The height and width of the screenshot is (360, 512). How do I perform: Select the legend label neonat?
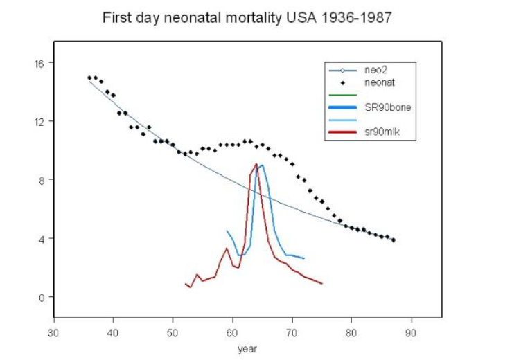pos(378,82)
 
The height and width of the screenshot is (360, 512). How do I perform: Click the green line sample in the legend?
pos(341,95)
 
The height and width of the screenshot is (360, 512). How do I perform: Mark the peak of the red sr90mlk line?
pos(256,164)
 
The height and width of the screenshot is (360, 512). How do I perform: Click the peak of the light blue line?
pos(262,165)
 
